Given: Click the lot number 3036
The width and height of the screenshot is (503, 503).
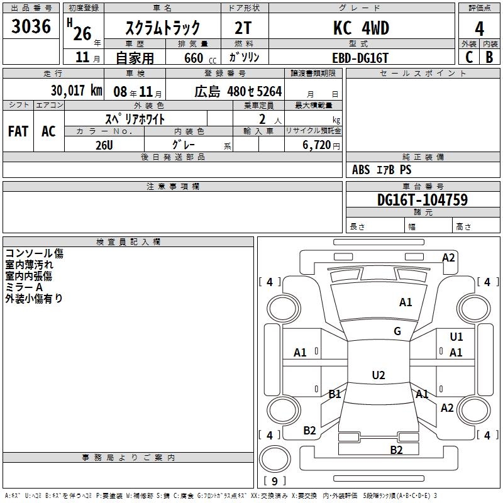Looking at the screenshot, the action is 31,26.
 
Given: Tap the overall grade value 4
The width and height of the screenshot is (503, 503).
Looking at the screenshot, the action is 479,28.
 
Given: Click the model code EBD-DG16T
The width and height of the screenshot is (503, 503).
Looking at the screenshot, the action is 360,57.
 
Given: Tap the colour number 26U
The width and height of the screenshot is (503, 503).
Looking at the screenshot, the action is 104,145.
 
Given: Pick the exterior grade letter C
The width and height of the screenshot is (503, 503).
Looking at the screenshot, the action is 468,57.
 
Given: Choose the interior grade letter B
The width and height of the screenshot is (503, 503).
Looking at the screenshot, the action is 489,57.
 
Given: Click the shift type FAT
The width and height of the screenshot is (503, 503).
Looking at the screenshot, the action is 18,131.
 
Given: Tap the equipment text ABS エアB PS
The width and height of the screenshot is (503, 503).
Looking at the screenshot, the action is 382,170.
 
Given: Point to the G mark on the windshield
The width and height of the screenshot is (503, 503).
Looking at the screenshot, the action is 397,331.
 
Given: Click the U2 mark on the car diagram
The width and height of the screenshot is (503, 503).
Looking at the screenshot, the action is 378,375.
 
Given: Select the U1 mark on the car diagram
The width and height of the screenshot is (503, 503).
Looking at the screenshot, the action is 456,337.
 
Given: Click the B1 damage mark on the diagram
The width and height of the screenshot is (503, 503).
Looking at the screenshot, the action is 334,394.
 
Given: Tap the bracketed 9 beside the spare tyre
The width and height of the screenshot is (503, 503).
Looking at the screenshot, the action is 274,481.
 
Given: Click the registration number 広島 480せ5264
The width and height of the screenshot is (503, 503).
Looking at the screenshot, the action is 238,92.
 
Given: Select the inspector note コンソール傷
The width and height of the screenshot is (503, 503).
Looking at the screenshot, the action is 34,254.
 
